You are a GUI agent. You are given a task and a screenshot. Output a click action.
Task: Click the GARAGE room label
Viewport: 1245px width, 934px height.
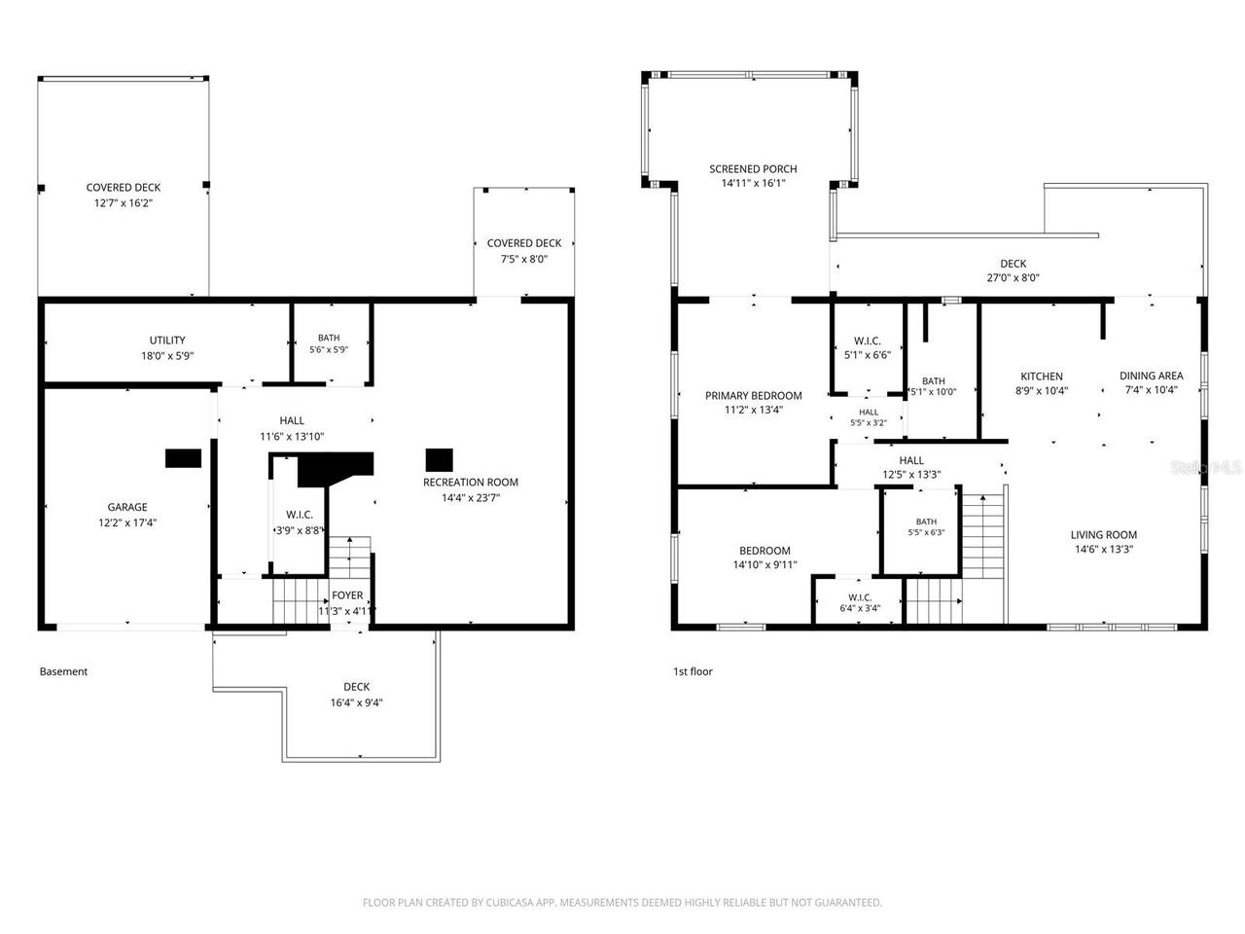(127, 507)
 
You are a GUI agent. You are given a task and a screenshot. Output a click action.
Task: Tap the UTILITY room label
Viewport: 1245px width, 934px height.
(167, 341)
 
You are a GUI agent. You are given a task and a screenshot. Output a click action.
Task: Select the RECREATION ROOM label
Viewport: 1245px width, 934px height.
(470, 482)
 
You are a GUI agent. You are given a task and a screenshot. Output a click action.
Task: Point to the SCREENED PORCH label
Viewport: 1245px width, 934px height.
(753, 169)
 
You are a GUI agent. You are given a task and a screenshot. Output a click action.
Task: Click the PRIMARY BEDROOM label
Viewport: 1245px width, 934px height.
(753, 396)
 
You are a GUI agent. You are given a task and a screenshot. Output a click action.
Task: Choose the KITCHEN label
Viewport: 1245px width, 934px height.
(1042, 377)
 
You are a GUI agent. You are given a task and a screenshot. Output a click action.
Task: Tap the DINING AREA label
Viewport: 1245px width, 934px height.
(1151, 376)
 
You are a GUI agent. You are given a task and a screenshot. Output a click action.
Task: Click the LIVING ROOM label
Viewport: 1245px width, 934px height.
(1103, 535)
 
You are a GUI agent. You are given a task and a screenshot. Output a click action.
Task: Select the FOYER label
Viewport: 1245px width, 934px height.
(347, 595)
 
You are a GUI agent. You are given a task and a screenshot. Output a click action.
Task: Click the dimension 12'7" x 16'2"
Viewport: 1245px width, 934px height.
(124, 203)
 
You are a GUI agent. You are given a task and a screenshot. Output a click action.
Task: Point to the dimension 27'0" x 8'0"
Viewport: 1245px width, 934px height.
(1013, 278)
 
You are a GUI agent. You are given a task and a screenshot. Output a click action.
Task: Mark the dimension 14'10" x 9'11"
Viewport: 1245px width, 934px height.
(765, 565)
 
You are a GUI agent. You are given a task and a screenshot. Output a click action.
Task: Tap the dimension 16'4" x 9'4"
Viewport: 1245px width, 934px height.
(356, 702)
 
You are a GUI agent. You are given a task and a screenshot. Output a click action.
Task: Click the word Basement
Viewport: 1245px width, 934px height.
(63, 671)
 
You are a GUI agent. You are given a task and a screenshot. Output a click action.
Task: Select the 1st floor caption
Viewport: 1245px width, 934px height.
(693, 671)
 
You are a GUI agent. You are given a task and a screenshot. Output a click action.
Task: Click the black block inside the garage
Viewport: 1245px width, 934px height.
(183, 458)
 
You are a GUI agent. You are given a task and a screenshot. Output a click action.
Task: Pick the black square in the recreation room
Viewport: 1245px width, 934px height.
(439, 460)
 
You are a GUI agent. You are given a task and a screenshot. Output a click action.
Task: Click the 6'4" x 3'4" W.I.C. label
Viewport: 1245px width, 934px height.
(860, 603)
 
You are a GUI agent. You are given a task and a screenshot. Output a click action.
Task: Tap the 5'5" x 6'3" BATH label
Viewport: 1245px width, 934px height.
(926, 526)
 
